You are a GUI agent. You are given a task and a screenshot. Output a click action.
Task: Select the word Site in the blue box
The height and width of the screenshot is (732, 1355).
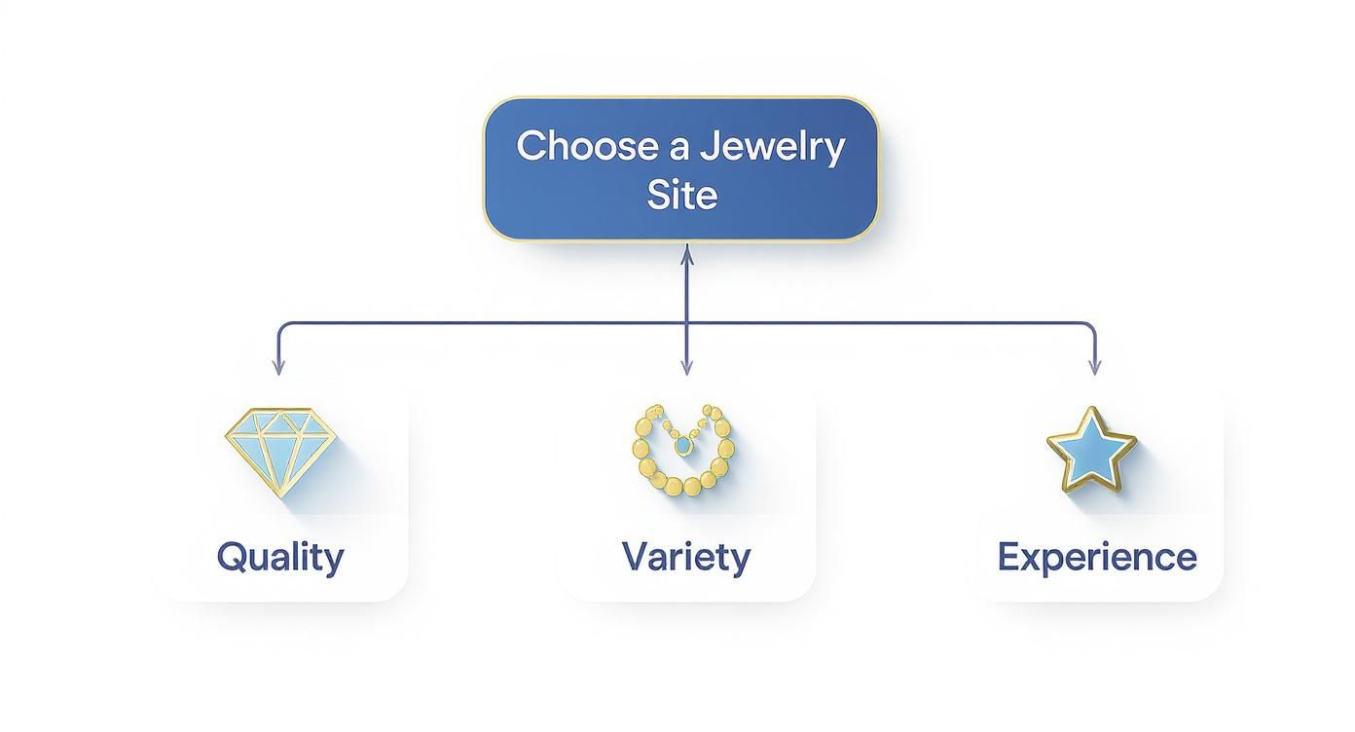click(681, 195)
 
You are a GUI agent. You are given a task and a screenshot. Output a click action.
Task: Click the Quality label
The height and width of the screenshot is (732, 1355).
click(280, 558)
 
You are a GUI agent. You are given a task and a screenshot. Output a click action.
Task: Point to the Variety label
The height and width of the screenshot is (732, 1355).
click(686, 557)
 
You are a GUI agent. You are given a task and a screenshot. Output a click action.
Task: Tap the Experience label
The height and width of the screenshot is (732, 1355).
click(1097, 558)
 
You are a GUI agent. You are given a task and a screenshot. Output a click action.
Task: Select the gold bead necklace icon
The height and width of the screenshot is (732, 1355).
click(681, 454)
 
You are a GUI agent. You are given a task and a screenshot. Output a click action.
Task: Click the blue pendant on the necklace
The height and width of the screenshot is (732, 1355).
click(683, 446)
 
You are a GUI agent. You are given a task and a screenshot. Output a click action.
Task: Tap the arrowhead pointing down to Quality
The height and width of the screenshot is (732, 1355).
click(278, 369)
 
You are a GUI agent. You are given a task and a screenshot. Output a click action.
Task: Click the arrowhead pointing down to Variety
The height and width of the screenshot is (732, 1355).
click(686, 369)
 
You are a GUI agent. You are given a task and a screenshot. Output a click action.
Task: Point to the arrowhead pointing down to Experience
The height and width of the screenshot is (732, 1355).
click(1094, 369)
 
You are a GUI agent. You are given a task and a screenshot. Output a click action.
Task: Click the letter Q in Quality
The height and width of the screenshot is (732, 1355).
click(231, 557)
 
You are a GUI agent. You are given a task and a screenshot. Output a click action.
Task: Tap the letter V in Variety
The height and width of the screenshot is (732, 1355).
click(634, 557)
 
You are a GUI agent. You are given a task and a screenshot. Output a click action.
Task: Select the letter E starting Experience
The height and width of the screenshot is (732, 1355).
click(1008, 557)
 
